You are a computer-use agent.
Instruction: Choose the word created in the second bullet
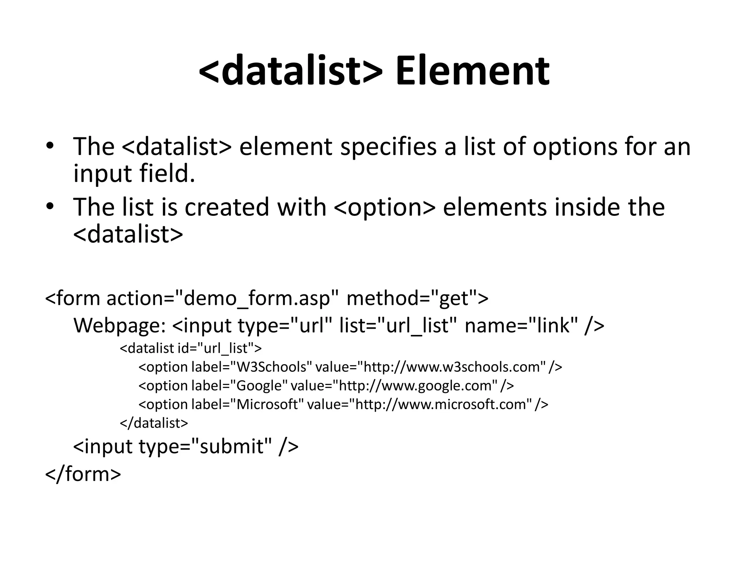point(227,207)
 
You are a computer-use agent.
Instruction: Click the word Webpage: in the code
point(120,325)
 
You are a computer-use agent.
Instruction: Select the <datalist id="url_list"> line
point(191,348)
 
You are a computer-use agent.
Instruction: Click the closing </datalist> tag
point(154,423)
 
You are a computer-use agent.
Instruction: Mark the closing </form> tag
point(83,474)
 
